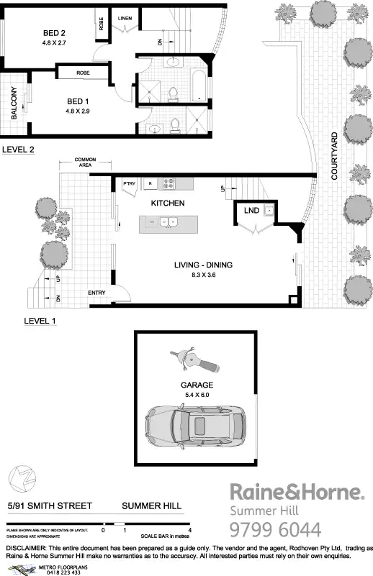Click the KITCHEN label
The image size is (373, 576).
[167, 204]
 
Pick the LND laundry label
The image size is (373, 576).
[251, 211]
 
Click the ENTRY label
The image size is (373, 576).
[96, 293]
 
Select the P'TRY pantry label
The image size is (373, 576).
[130, 183]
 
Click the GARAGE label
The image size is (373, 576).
[197, 385]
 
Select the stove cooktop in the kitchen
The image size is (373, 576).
[168, 183]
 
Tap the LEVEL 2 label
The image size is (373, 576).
[19, 150]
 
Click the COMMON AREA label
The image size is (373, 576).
[85, 162]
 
